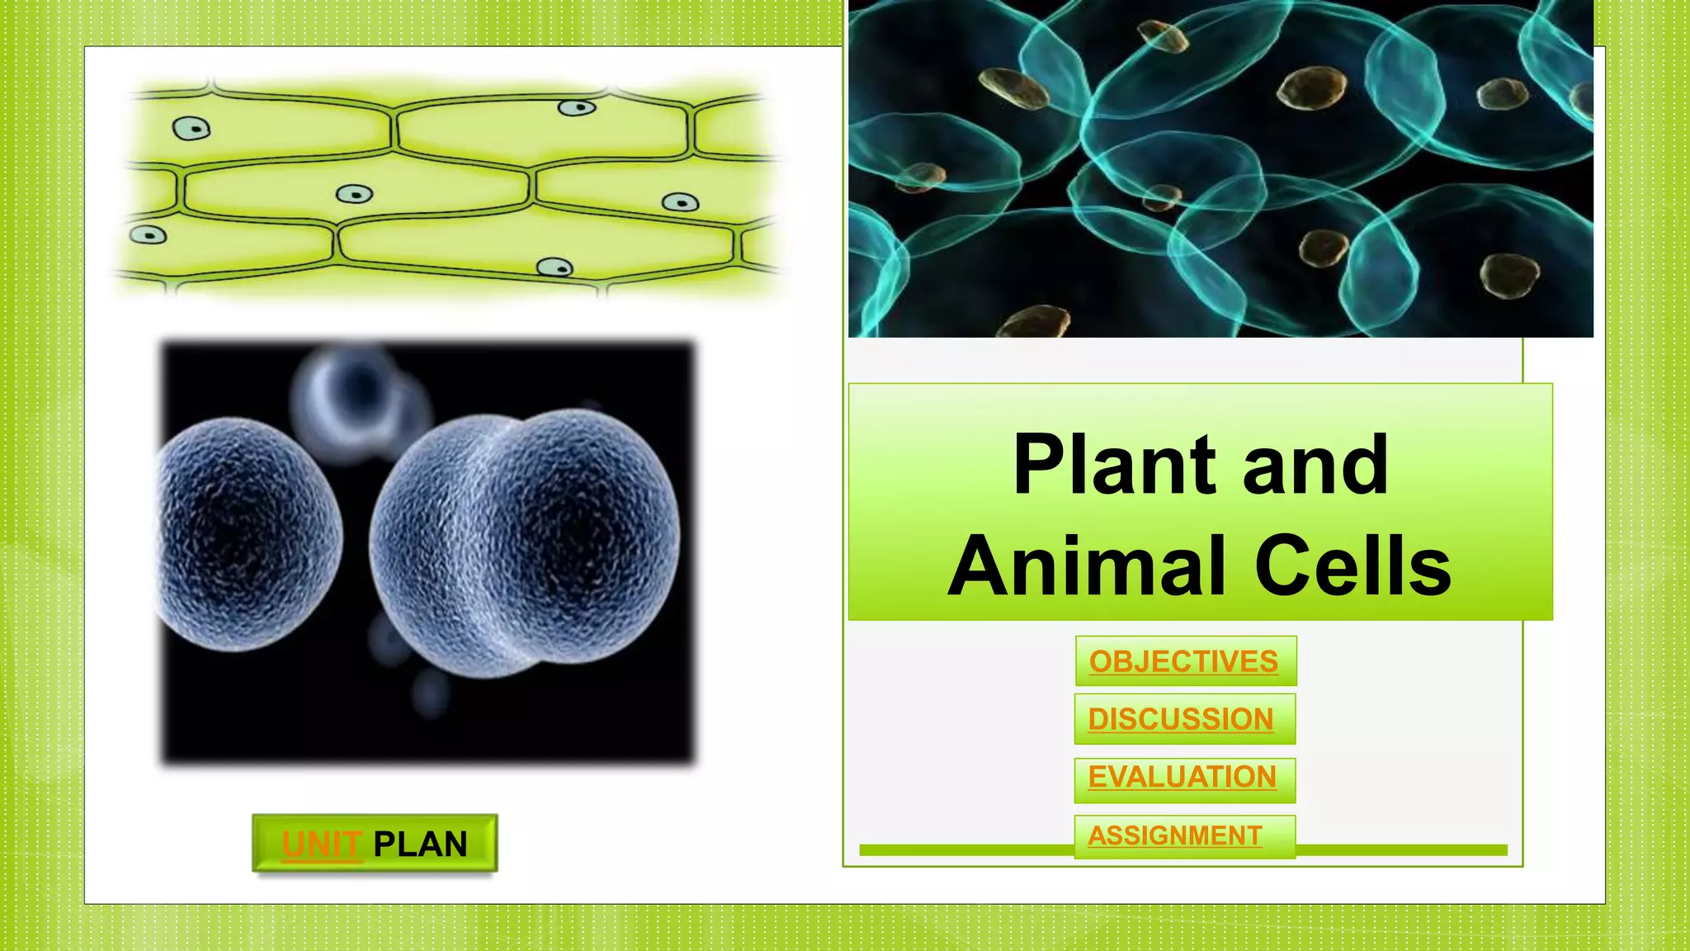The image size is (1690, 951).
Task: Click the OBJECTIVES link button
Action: tap(1184, 661)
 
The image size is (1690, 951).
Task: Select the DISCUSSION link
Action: tap(1182, 719)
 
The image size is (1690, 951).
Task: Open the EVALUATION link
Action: tap(1183, 778)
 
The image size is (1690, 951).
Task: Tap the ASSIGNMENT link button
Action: tap(1176, 835)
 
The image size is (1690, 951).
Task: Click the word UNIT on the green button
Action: tap(321, 845)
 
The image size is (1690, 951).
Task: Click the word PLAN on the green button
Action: tap(420, 845)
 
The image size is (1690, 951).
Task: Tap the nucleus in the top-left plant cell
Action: tap(191, 128)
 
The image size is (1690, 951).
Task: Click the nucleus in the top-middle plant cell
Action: tap(577, 108)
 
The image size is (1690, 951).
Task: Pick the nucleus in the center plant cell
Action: tap(355, 195)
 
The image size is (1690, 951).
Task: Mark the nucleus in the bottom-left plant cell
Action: tap(149, 235)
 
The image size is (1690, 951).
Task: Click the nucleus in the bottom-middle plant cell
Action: tap(555, 267)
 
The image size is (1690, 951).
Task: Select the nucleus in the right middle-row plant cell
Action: tap(681, 203)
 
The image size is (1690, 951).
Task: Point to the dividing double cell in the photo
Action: tap(525, 541)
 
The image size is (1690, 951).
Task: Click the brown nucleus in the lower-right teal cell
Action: tap(1509, 276)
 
